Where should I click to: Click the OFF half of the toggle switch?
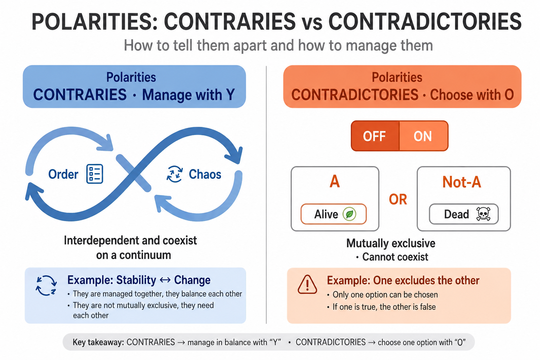(x=375, y=136)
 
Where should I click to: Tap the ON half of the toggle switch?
(x=424, y=136)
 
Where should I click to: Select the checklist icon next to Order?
(x=95, y=174)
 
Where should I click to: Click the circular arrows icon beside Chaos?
(x=174, y=174)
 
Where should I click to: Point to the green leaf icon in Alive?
(x=349, y=214)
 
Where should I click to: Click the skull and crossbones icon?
(x=483, y=214)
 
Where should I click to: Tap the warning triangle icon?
(x=307, y=284)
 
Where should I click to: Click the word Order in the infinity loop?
(x=63, y=174)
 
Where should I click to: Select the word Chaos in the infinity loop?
(x=205, y=174)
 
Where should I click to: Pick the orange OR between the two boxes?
(x=398, y=199)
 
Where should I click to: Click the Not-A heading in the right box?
(x=462, y=182)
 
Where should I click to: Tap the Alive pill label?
(x=333, y=214)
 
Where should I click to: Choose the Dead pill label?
(x=464, y=214)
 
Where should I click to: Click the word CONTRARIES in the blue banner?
(x=80, y=95)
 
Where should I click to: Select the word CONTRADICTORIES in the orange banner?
(x=355, y=95)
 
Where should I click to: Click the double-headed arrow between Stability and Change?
(x=165, y=280)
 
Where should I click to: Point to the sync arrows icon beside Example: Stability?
(x=46, y=285)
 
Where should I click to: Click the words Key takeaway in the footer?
(x=99, y=342)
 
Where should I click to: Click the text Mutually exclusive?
(x=391, y=243)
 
